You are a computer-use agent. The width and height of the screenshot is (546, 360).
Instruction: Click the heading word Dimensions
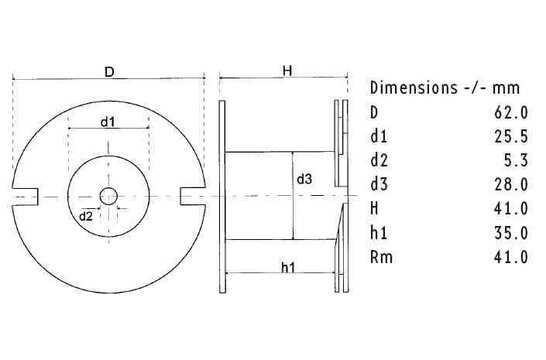click(x=413, y=87)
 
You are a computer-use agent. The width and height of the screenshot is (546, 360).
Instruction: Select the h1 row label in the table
click(x=378, y=233)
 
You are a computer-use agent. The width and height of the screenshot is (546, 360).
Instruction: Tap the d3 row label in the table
click(x=378, y=184)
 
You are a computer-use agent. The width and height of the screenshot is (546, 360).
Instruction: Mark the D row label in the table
click(x=374, y=111)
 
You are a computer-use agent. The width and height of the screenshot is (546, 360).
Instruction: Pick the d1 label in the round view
click(x=107, y=122)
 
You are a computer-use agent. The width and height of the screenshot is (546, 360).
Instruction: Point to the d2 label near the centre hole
click(x=87, y=214)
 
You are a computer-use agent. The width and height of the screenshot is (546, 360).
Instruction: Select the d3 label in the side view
click(x=304, y=179)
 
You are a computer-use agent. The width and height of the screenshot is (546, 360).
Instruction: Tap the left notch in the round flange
click(x=27, y=196)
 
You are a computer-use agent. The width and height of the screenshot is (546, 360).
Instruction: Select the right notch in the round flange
click(x=189, y=196)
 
